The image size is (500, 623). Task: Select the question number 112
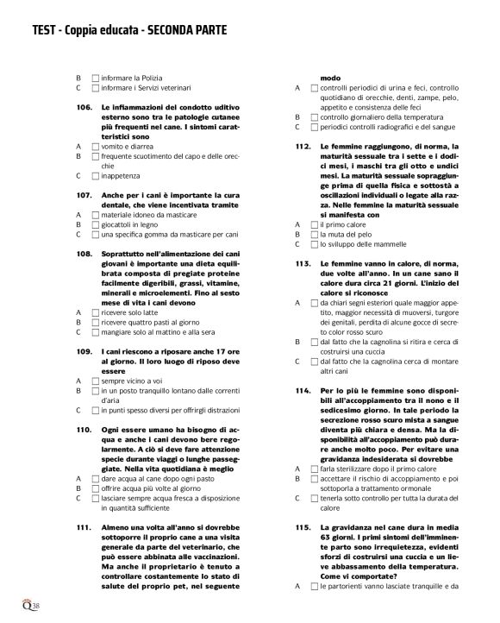click(x=302, y=146)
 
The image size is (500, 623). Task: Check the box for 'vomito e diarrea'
click(x=96, y=147)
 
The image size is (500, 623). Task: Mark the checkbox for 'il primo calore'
click(x=315, y=223)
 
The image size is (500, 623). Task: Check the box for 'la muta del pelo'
click(x=315, y=234)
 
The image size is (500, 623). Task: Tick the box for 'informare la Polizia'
click(x=96, y=77)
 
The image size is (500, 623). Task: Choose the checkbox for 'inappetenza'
click(x=96, y=176)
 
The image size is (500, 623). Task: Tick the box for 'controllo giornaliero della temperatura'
click(x=315, y=116)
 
